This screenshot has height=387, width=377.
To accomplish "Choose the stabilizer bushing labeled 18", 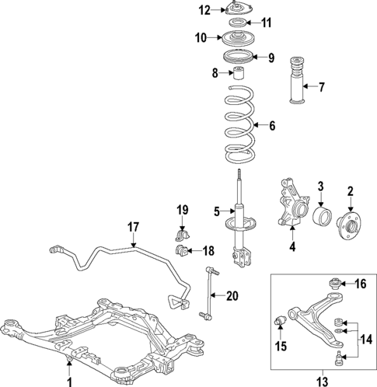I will (184, 250).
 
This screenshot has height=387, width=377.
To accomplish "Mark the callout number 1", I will (70, 379).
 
